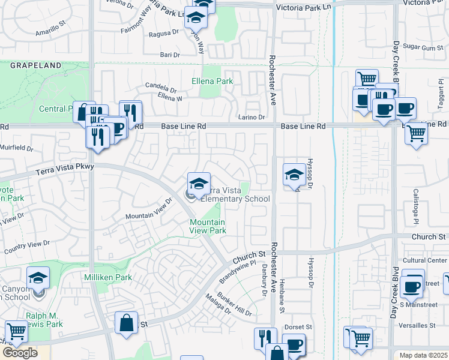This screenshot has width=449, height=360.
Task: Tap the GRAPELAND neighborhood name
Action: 35,65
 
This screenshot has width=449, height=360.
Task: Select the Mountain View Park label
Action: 208,226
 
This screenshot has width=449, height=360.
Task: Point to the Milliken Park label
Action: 107,277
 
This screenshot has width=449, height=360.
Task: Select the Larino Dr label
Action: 252,117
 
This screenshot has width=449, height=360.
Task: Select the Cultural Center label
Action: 425,260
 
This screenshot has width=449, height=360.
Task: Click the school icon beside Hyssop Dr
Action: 294,175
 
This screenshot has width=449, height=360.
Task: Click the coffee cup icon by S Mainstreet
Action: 412,285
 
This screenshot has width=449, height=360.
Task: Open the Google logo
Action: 20,352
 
